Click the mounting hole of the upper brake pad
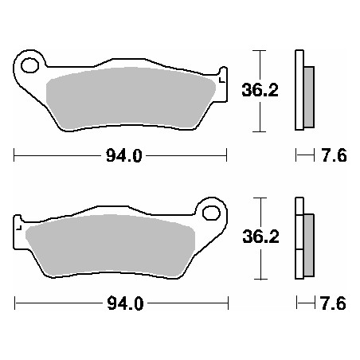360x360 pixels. coord(32,65)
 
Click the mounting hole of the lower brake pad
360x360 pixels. coord(211,213)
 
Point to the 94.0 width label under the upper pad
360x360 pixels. coord(124,156)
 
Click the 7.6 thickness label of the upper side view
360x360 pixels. coord(334,156)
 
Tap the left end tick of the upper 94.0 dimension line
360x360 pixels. coord(15,156)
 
